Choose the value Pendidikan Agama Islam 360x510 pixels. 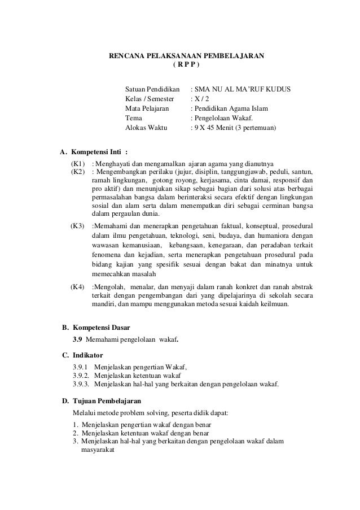pos(231,109)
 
